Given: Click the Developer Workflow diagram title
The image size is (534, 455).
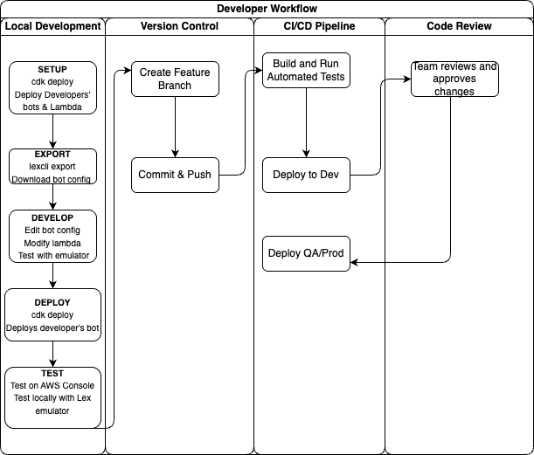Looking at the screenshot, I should pyautogui.click(x=267, y=9).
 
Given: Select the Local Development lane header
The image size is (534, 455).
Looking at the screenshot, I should pyautogui.click(x=52, y=26).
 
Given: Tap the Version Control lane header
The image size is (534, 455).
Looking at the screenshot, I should pyautogui.click(x=179, y=26).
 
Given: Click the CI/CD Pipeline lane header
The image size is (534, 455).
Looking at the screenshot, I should pyautogui.click(x=319, y=26).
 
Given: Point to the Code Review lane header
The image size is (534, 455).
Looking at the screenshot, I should pyautogui.click(x=459, y=26).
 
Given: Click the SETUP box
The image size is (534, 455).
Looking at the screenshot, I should pyautogui.click(x=52, y=88).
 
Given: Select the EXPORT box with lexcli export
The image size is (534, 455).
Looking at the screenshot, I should pyautogui.click(x=52, y=167).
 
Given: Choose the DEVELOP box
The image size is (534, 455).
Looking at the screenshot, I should pyautogui.click(x=52, y=237).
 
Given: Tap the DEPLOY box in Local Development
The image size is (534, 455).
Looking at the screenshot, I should pyautogui.click(x=52, y=315).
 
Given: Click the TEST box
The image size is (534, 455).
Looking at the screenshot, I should pyautogui.click(x=52, y=398).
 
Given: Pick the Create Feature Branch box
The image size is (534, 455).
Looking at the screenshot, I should pyautogui.click(x=175, y=79).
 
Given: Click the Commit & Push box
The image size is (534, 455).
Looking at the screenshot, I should pyautogui.click(x=175, y=175).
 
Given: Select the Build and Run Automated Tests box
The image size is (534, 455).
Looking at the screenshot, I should pyautogui.click(x=306, y=70).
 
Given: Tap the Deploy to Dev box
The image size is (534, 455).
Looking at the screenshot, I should pyautogui.click(x=306, y=175).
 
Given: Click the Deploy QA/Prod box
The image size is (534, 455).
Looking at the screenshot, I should pyautogui.click(x=306, y=253).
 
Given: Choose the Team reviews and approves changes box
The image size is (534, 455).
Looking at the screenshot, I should pyautogui.click(x=454, y=79).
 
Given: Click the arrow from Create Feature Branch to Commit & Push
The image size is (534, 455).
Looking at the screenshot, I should pyautogui.click(x=175, y=128).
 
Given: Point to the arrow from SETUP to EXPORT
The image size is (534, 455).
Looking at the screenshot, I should pyautogui.click(x=52, y=131).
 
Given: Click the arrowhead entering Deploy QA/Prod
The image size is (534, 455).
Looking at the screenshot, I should pyautogui.click(x=355, y=260).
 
